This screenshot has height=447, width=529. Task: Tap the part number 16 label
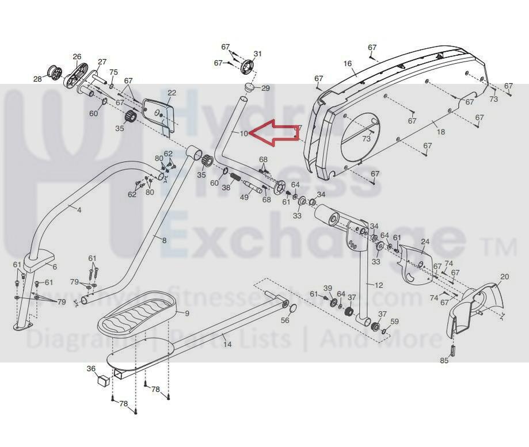[347, 64]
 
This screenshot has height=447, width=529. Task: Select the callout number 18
[441, 132]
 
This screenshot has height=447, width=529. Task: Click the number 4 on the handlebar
[79, 210]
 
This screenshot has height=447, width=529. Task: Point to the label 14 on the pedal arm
[227, 344]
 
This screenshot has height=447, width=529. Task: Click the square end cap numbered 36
[103, 380]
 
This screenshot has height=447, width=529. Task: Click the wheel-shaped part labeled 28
[55, 73]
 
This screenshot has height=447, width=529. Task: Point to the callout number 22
[172, 93]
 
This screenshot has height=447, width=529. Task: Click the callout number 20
[504, 277]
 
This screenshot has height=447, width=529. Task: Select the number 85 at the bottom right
[444, 361]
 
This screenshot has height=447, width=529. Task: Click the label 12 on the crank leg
[378, 285]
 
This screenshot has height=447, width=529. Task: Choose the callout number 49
[244, 197]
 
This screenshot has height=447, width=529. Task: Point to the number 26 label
[77, 56]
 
